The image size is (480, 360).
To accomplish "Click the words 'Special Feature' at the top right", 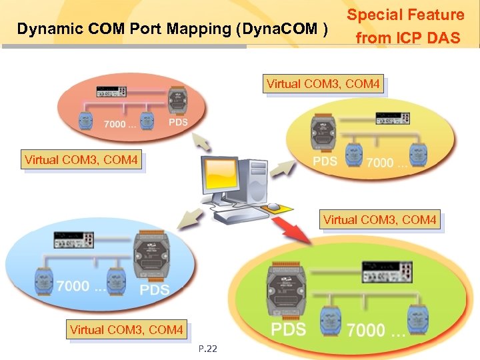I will (x=405, y=15).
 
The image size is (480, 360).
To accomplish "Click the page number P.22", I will (x=208, y=349).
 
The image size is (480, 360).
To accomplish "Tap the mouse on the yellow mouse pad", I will (x=273, y=206).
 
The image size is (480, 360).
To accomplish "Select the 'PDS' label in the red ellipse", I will (x=178, y=123).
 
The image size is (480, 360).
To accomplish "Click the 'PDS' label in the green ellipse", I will (x=289, y=329).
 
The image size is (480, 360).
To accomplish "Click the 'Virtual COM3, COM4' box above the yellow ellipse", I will (x=323, y=85).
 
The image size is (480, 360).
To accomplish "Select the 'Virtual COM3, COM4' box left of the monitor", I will (x=81, y=160).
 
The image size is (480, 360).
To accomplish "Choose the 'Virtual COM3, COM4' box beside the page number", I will (x=126, y=330).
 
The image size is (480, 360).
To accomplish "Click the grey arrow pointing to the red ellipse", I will (x=202, y=141).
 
